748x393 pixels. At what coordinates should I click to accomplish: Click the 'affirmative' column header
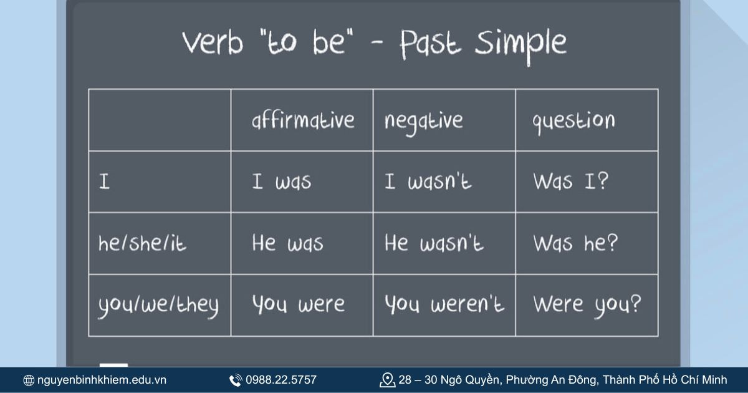click(303, 120)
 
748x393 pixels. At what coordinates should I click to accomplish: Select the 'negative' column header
click(424, 120)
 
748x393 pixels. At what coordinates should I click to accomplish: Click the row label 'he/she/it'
click(142, 243)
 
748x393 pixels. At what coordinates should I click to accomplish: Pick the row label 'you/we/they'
click(158, 305)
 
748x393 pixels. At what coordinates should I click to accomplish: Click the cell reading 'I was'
click(281, 182)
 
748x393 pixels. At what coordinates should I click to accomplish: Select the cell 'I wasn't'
click(428, 182)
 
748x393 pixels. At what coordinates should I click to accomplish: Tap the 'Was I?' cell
click(571, 182)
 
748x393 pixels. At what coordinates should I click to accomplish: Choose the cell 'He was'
click(287, 243)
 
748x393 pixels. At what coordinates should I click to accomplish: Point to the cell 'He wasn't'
click(434, 243)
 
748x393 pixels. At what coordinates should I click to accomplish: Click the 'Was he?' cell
click(575, 243)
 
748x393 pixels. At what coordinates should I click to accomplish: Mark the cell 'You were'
click(298, 304)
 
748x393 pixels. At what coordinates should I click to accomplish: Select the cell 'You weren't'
click(444, 304)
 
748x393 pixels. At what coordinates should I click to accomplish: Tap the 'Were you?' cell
click(587, 305)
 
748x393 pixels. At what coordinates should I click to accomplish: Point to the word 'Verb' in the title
click(212, 42)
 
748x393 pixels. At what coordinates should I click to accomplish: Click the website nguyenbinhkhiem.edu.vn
click(102, 380)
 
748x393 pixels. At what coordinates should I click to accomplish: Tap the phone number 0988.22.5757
click(281, 380)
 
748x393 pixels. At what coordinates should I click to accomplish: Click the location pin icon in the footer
click(387, 380)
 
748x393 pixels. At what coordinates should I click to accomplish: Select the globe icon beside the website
click(29, 381)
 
